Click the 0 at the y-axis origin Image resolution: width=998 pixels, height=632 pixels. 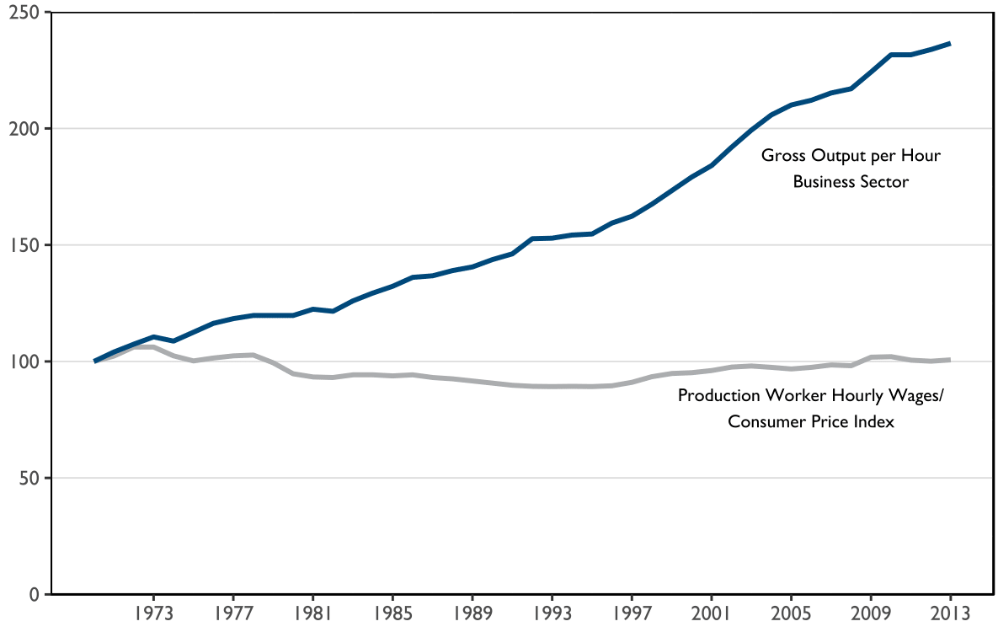click(x=34, y=594)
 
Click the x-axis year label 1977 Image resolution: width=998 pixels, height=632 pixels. click(x=233, y=613)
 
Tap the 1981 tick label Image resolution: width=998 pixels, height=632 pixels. click(x=312, y=613)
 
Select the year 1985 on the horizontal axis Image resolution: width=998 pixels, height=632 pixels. click(x=392, y=613)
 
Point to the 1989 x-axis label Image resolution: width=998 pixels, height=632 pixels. click(x=472, y=613)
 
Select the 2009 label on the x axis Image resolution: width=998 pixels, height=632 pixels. click(x=871, y=613)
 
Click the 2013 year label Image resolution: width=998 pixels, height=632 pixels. click(x=950, y=613)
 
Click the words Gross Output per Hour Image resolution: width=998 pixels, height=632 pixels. click(x=851, y=156)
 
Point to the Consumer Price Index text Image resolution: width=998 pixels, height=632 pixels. click(x=810, y=421)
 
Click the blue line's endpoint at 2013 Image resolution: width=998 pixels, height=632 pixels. click(x=950, y=43)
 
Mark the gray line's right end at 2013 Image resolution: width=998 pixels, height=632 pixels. click(x=950, y=360)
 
